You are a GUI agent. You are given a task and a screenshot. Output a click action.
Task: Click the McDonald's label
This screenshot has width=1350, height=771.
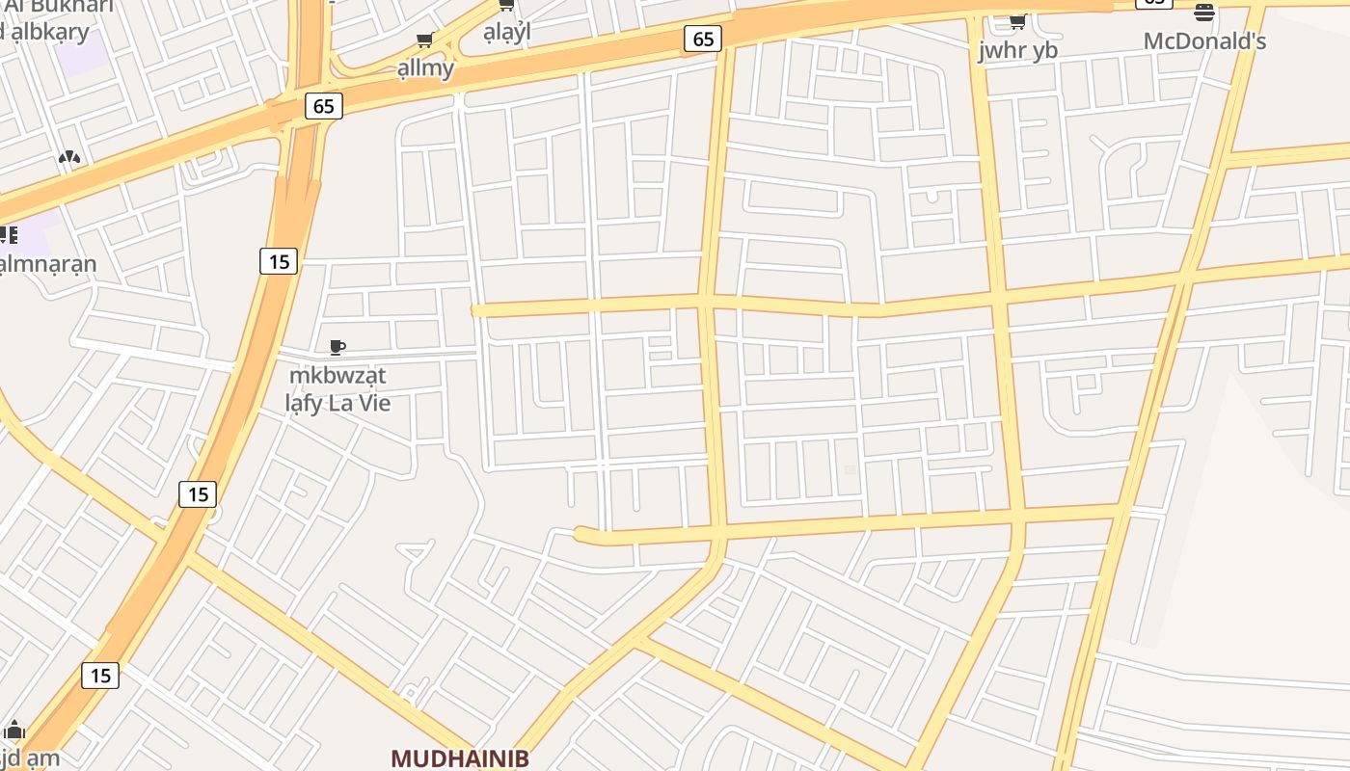1204,41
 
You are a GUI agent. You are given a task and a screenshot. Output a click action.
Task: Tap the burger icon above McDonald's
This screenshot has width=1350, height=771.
1203,13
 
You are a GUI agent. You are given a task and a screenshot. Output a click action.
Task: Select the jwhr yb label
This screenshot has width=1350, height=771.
1017,51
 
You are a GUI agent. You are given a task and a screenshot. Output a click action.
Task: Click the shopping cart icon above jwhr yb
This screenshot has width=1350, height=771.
1017,21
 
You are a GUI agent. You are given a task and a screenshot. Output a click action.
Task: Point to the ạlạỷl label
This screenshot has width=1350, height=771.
507,32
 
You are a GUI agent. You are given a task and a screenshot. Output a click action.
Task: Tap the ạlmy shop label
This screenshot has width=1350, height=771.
425,67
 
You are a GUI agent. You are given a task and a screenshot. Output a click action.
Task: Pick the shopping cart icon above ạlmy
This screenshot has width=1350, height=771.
424,40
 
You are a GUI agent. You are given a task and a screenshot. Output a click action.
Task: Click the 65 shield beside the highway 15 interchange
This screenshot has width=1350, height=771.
324,106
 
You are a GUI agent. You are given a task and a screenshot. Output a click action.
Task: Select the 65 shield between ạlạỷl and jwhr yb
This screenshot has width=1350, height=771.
703,39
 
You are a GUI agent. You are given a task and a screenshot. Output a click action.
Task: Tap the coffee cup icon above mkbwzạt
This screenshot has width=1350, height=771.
337,347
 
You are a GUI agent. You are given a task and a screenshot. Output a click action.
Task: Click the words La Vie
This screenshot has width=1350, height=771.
360,403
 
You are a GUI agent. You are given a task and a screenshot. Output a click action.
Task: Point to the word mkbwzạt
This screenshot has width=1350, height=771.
337,375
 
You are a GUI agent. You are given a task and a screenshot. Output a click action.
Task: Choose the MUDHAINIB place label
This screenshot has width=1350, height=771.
460,758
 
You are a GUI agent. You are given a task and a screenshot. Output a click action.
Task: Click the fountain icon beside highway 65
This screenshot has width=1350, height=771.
68,157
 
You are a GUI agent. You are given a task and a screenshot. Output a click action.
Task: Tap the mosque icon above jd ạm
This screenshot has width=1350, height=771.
14,731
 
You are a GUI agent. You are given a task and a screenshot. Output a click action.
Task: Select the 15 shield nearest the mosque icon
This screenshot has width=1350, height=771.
100,676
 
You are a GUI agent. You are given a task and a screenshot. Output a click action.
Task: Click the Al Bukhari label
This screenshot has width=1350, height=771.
58,8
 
